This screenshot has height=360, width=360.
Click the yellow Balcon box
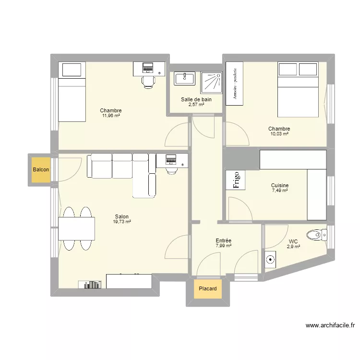pyautogui.click(x=40, y=169)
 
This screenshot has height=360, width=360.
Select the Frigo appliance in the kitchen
pyautogui.click(x=236, y=180)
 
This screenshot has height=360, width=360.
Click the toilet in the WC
pyautogui.click(x=317, y=235)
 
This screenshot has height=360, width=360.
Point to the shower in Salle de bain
pyautogui.click(x=211, y=82)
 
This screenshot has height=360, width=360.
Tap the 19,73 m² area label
pyautogui.click(x=122, y=222)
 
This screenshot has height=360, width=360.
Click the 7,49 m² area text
pyautogui.click(x=279, y=191)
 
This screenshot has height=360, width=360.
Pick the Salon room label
pyautogui.click(x=122, y=216)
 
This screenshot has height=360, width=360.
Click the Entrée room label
pyautogui.click(x=224, y=240)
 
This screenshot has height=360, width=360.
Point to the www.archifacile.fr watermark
pyautogui.click(x=330, y=325)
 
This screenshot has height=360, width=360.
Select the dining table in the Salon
pyautogui.click(x=76, y=228)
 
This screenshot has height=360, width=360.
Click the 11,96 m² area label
pyautogui.click(x=111, y=116)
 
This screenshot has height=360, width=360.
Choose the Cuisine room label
pyautogui.click(x=279, y=185)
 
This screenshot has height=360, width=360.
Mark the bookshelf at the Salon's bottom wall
pyautogui.click(x=92, y=285)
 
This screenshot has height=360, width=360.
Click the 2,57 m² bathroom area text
pyautogui.click(x=196, y=105)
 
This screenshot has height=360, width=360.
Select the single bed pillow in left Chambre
pyautogui.click(x=71, y=70)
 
